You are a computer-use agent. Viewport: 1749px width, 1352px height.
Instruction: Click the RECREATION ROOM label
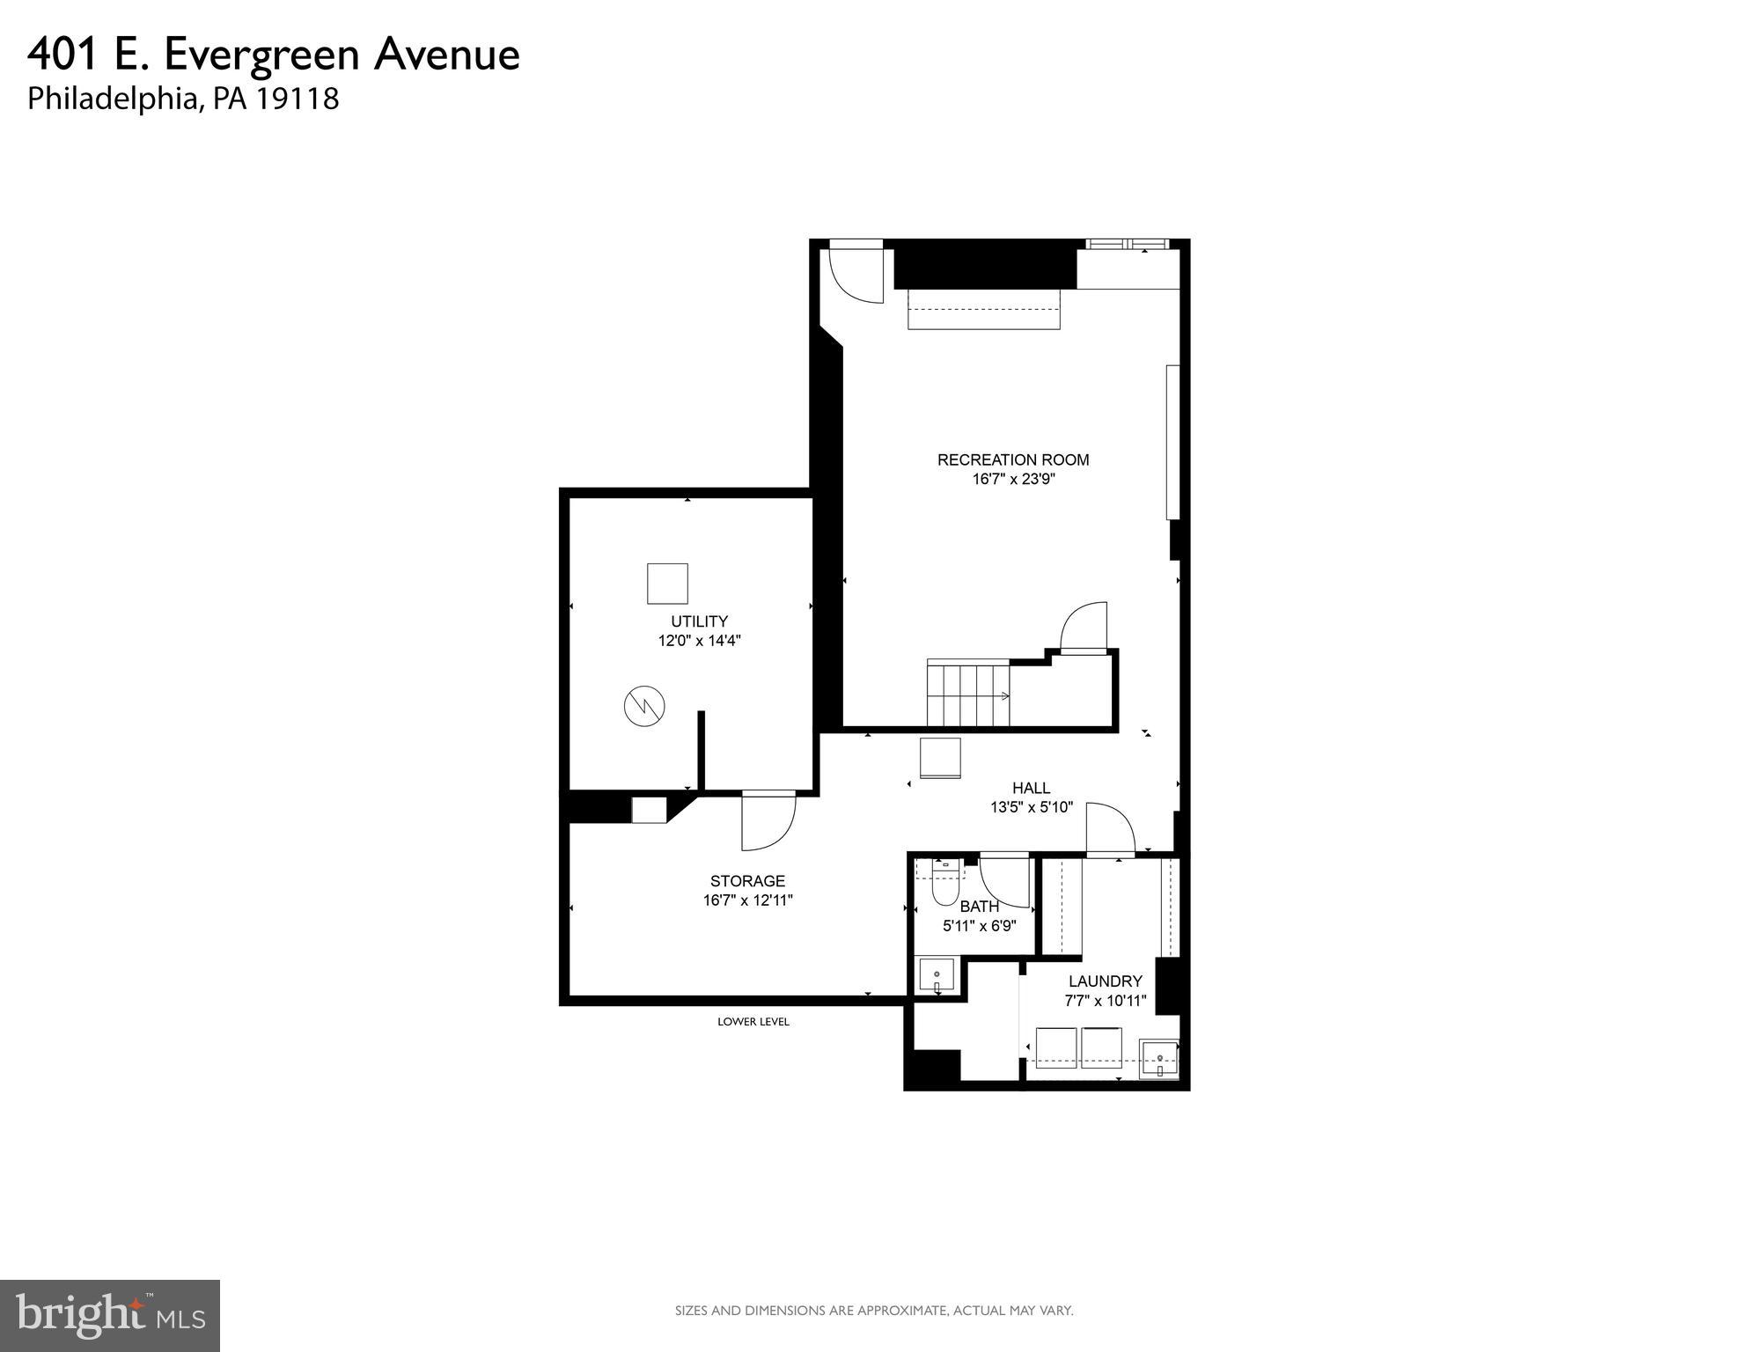point(1012,459)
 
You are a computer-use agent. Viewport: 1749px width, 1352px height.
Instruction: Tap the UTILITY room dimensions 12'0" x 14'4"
point(699,641)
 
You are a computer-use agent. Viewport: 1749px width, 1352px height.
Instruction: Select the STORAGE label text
point(747,881)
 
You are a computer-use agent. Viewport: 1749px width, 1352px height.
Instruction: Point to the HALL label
point(1031,788)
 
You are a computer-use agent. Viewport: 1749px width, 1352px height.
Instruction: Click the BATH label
point(979,907)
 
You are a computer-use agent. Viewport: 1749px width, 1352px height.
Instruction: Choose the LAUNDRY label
point(1105,981)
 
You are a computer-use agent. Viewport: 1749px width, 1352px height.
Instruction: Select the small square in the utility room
point(667,584)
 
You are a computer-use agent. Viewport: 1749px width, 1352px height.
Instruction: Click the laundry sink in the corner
point(1159,1058)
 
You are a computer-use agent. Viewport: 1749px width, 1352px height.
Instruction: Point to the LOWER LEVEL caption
point(753,1022)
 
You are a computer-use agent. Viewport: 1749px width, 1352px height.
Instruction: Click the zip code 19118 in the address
point(298,99)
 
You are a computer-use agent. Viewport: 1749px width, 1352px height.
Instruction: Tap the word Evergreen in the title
point(262,55)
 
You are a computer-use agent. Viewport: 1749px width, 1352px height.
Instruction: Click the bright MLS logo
point(110,1316)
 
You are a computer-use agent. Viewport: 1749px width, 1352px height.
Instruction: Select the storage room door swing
point(768,822)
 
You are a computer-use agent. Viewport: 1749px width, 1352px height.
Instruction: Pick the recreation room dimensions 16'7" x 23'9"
point(1012,480)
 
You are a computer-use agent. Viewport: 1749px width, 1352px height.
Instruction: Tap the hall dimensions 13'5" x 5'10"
point(1031,807)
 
